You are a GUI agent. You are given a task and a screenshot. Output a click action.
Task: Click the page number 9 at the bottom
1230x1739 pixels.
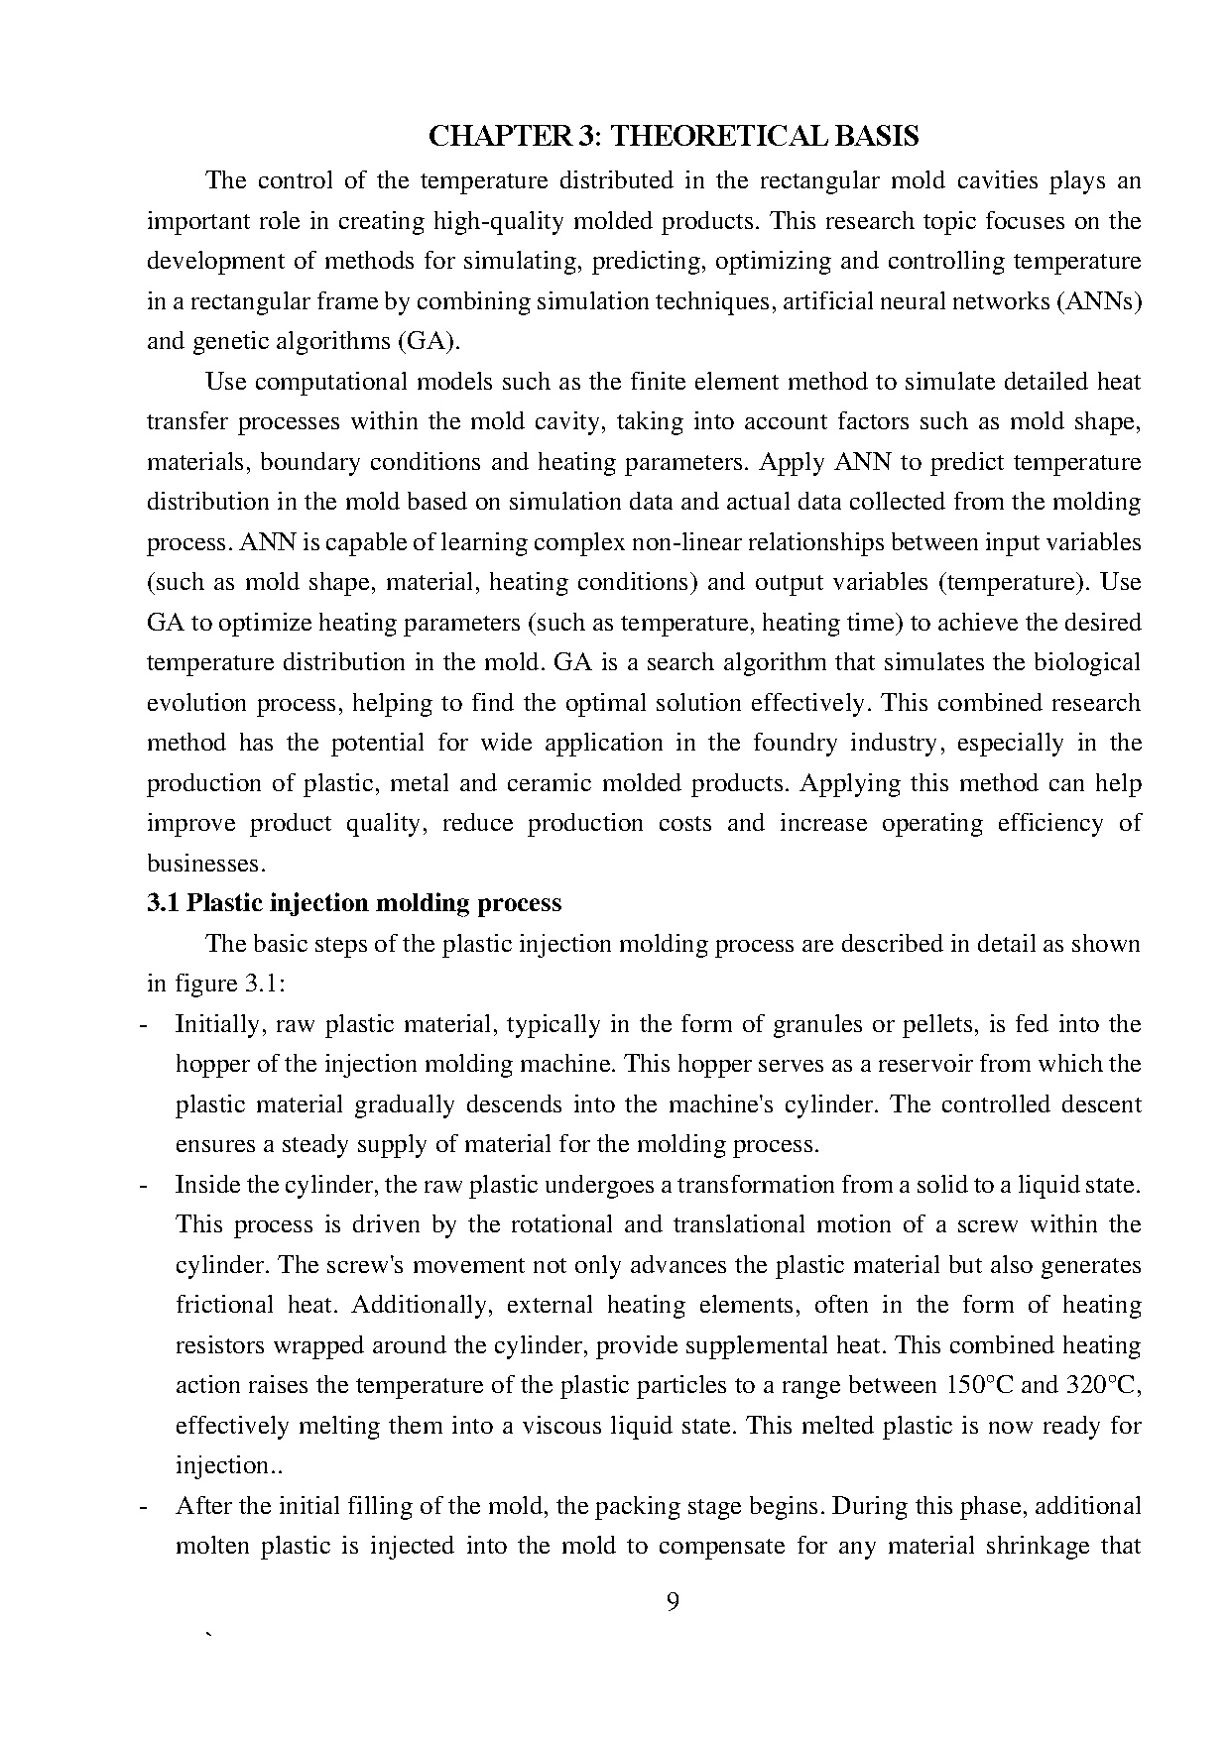(673, 1602)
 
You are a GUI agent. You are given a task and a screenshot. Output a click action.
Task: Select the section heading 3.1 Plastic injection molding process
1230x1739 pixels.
(354, 903)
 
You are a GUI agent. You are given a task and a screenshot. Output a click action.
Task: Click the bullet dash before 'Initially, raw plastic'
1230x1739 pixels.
(147, 1024)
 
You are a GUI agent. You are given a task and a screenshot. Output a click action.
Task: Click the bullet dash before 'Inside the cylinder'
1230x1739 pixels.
(147, 1185)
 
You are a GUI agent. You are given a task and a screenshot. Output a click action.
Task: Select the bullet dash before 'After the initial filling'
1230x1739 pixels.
(147, 1506)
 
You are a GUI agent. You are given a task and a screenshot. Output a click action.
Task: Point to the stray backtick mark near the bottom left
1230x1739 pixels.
(207, 1636)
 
